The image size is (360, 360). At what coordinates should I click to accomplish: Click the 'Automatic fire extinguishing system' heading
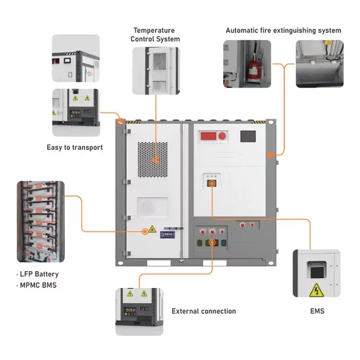tap(283, 30)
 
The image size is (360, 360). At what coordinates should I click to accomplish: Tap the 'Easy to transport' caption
tap(75, 147)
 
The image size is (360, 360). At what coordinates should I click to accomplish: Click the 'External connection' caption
tap(204, 311)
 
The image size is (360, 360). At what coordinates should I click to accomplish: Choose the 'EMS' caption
tap(317, 311)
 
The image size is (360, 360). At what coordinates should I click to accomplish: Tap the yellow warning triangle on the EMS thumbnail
tap(317, 289)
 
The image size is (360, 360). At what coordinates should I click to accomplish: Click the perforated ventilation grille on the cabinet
tap(155, 159)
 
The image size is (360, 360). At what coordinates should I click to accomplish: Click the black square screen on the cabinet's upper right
tap(249, 137)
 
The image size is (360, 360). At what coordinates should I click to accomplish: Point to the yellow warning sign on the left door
tap(151, 228)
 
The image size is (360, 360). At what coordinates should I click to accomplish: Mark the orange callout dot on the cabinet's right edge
tap(270, 156)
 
